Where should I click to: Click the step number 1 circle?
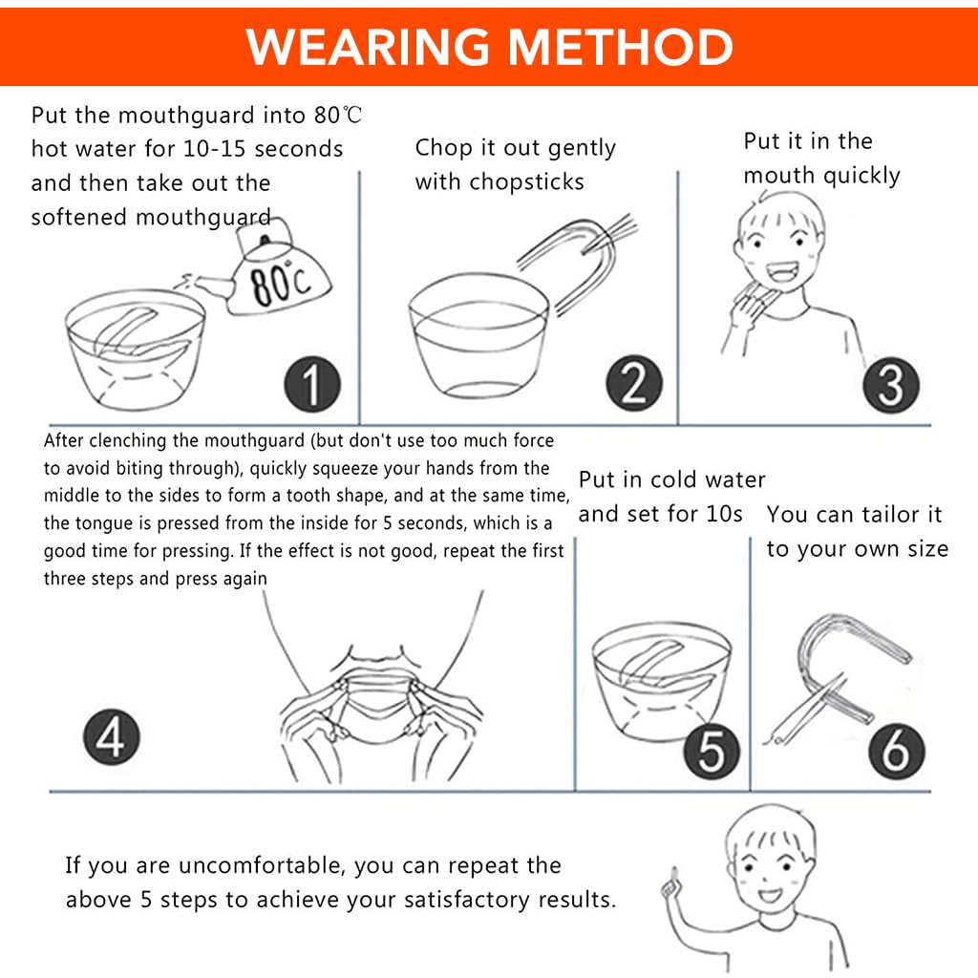pyautogui.click(x=312, y=384)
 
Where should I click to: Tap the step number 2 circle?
pyautogui.click(x=634, y=383)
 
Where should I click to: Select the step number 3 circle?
pyautogui.click(x=891, y=385)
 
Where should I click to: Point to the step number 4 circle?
pyautogui.click(x=112, y=736)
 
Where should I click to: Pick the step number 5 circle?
pyautogui.click(x=712, y=751)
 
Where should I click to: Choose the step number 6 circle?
pyautogui.click(x=896, y=751)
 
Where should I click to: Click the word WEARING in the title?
pyautogui.click(x=368, y=47)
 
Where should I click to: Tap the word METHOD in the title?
pyautogui.click(x=621, y=47)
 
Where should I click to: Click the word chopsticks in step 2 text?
pyautogui.click(x=527, y=181)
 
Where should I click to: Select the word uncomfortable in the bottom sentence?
pyautogui.click(x=257, y=865)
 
